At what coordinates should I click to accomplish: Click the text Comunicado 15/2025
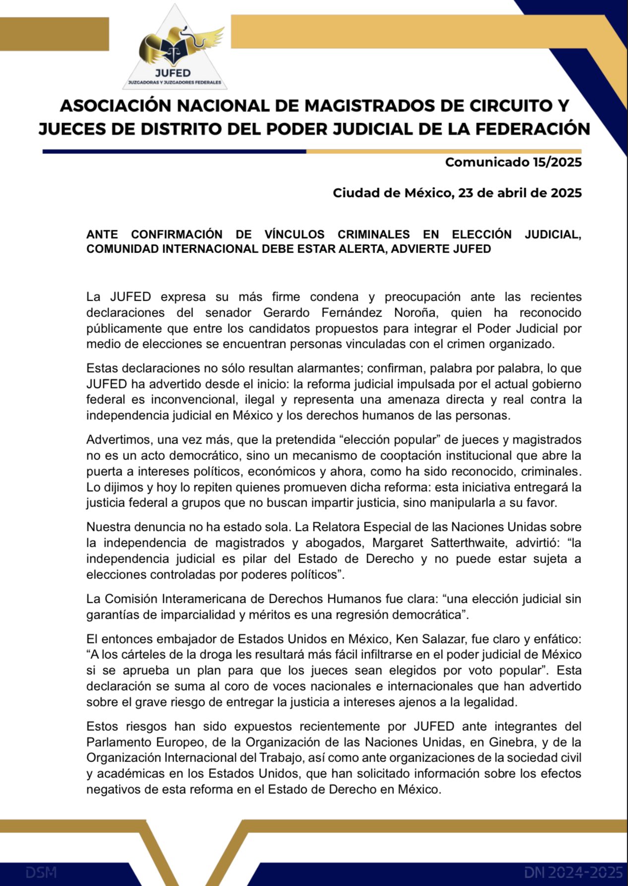pos(513,162)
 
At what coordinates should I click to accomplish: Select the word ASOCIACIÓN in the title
pos(115,106)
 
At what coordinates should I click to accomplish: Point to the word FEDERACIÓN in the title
pos(533,129)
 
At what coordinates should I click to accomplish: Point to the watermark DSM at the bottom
pos(41,872)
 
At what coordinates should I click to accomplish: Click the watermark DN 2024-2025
pos(573,872)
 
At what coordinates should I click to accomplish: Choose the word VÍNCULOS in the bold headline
pos(294,235)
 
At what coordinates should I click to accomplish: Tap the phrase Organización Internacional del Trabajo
pos(195,758)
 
